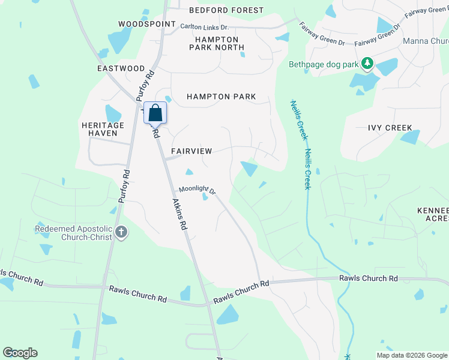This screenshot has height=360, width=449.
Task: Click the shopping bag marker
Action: coord(155,113)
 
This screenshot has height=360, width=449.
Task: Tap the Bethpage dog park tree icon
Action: coord(367,63)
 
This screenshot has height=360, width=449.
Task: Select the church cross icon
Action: coord(121,232)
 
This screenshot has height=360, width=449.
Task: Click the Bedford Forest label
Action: coord(226,10)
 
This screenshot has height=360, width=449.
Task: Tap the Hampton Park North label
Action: coord(217,43)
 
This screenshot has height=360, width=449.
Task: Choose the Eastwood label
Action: coord(121,69)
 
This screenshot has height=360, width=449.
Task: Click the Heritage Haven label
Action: coord(103,129)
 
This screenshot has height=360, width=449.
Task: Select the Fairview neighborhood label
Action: coord(191,151)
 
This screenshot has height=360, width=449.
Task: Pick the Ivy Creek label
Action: coord(390,128)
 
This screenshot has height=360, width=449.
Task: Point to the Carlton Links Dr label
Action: coord(205,28)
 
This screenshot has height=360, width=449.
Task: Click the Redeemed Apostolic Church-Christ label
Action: coord(74,233)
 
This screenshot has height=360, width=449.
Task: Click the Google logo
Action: coord(20,353)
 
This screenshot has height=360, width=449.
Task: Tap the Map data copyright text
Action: coord(412,355)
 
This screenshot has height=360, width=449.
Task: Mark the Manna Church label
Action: coord(426,41)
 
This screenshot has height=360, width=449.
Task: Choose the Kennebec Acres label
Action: coord(433,215)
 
